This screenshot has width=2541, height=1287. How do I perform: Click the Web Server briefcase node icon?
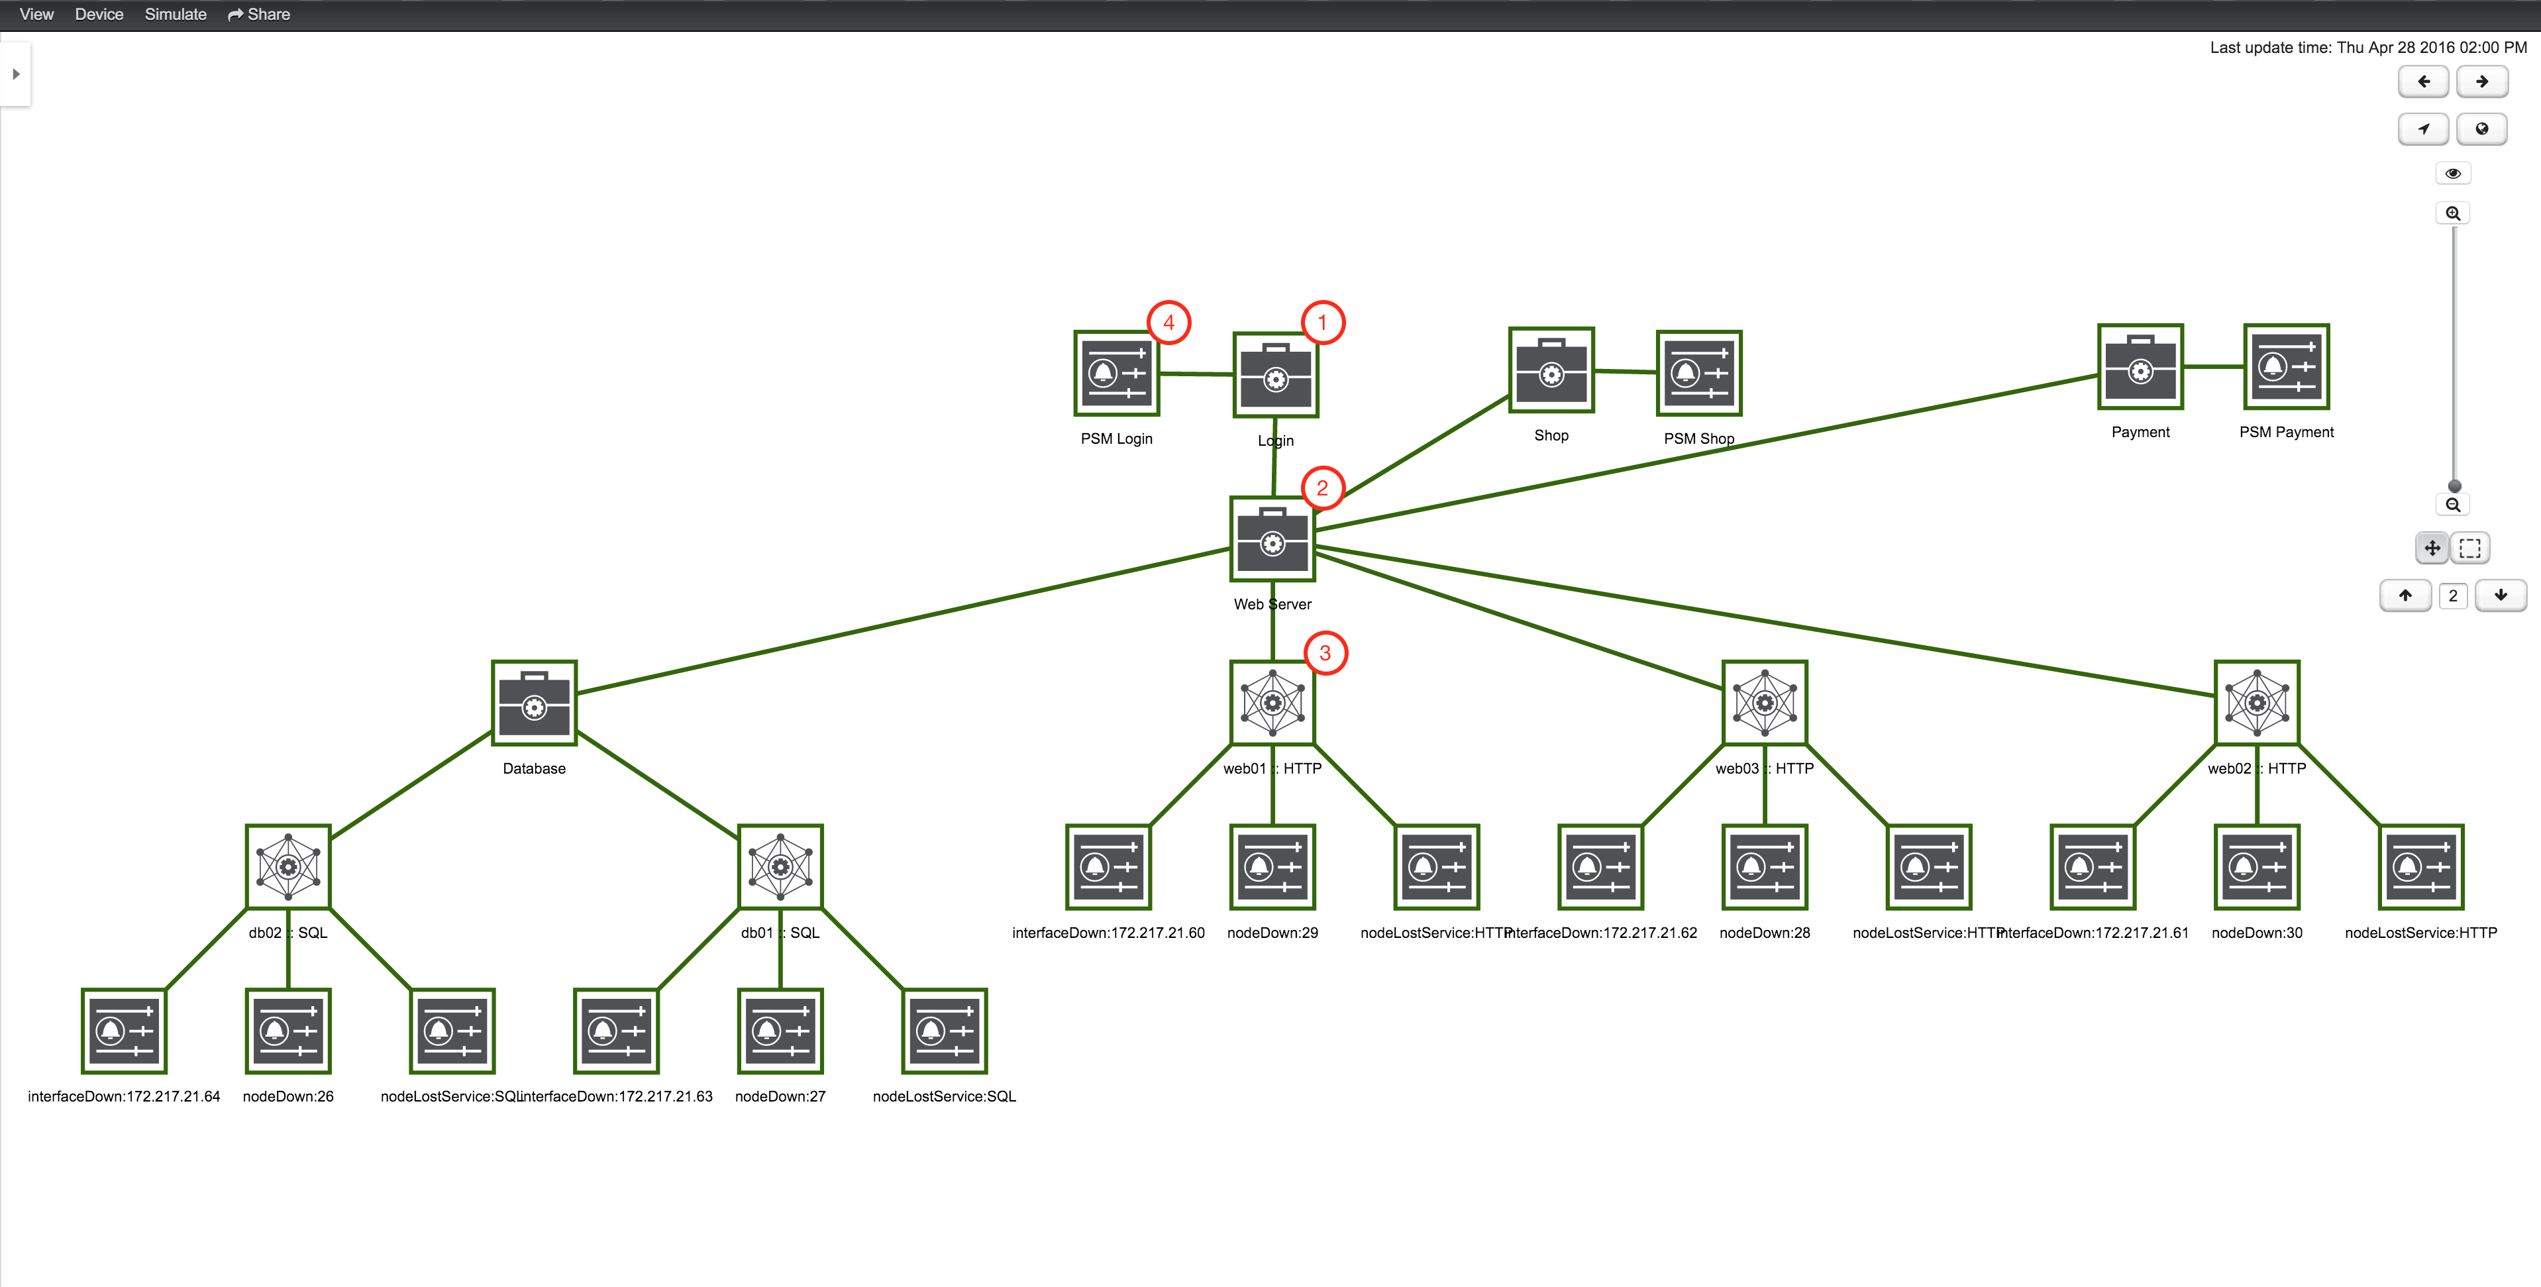click(x=1272, y=539)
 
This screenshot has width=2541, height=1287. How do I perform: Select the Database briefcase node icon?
click(x=534, y=703)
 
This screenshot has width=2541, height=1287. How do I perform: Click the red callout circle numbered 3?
click(x=1325, y=653)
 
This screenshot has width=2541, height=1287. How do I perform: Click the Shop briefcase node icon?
click(x=1551, y=371)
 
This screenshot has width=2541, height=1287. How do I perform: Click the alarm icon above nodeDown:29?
click(x=1272, y=867)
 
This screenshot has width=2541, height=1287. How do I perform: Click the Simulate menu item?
click(x=176, y=15)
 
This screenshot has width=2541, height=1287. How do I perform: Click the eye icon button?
click(x=2452, y=174)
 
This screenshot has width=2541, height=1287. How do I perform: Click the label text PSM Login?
click(x=1115, y=439)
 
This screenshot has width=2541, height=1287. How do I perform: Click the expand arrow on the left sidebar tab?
click(x=16, y=74)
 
